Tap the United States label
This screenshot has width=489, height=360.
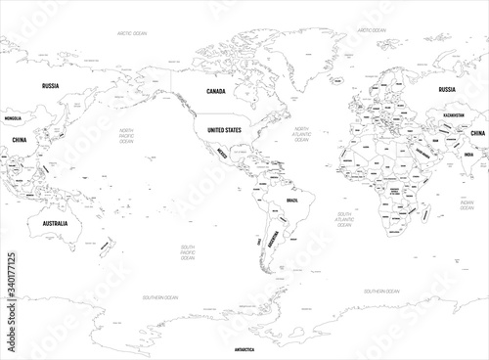click(x=218, y=129)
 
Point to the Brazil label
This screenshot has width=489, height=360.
click(x=290, y=200)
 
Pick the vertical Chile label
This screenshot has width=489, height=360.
click(x=259, y=239)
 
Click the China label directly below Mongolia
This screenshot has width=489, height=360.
click(x=21, y=140)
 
